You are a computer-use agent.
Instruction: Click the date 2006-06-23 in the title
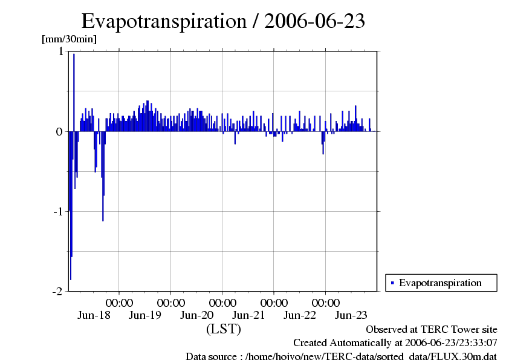(x=315, y=21)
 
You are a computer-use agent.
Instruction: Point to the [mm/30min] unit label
(x=69, y=39)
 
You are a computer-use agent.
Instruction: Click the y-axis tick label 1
(x=60, y=52)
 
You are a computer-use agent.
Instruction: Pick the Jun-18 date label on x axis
(x=94, y=315)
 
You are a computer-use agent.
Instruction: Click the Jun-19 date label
(x=146, y=315)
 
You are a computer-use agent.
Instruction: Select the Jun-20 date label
(x=197, y=315)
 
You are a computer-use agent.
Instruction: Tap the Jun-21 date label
(x=248, y=315)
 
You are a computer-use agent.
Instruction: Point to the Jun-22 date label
(x=300, y=315)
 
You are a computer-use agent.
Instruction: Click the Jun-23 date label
(x=351, y=315)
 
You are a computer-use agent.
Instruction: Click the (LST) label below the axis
(x=224, y=329)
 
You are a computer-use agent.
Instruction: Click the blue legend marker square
(x=392, y=283)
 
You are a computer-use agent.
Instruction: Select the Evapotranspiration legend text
(x=440, y=283)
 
